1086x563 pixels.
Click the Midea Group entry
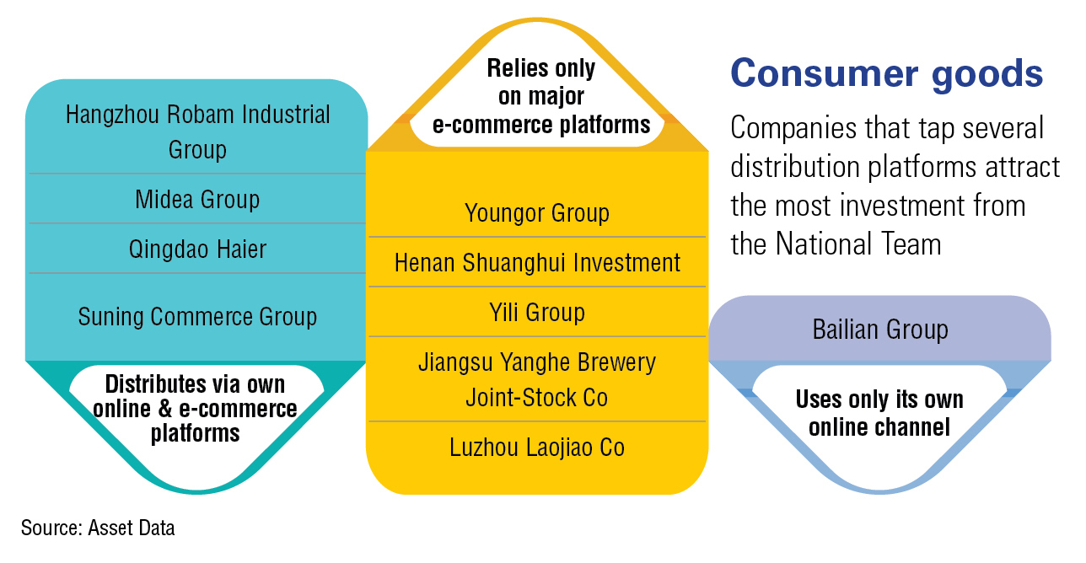coord(197,200)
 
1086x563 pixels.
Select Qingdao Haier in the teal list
coord(197,249)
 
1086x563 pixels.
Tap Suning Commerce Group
coord(197,317)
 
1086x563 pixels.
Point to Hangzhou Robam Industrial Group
coord(198,131)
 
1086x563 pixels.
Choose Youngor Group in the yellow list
coord(537,213)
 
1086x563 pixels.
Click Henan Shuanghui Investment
coord(537,263)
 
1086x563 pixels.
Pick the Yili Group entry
coord(537,313)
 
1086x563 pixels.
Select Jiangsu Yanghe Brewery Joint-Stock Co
coord(537,380)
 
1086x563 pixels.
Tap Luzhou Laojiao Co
coord(537,448)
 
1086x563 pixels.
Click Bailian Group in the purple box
coord(880,330)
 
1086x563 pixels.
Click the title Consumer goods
coord(887,73)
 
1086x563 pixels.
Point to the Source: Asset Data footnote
coord(98,528)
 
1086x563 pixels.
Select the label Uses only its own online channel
coord(879,413)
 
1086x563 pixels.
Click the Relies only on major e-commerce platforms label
coord(541,96)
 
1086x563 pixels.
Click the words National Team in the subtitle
coord(858,244)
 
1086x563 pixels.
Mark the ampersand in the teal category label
coord(165,409)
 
